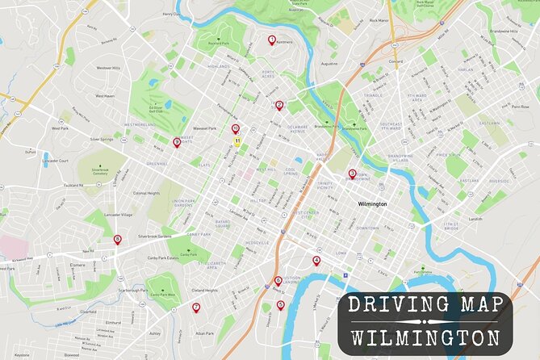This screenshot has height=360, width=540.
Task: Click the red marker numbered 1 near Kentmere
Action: [x=271, y=39]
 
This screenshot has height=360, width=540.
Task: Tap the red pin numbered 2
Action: [x=279, y=105]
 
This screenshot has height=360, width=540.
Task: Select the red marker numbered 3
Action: [x=352, y=173]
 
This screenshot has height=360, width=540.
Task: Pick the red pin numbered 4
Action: [x=316, y=260]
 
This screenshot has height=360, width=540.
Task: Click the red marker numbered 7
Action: [x=195, y=307]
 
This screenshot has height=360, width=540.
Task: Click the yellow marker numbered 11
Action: [x=237, y=140]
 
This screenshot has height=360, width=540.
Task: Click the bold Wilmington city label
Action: [x=372, y=204]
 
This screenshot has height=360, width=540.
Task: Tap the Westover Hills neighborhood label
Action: [x=110, y=68]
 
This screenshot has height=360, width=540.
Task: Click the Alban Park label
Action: [x=204, y=333]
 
